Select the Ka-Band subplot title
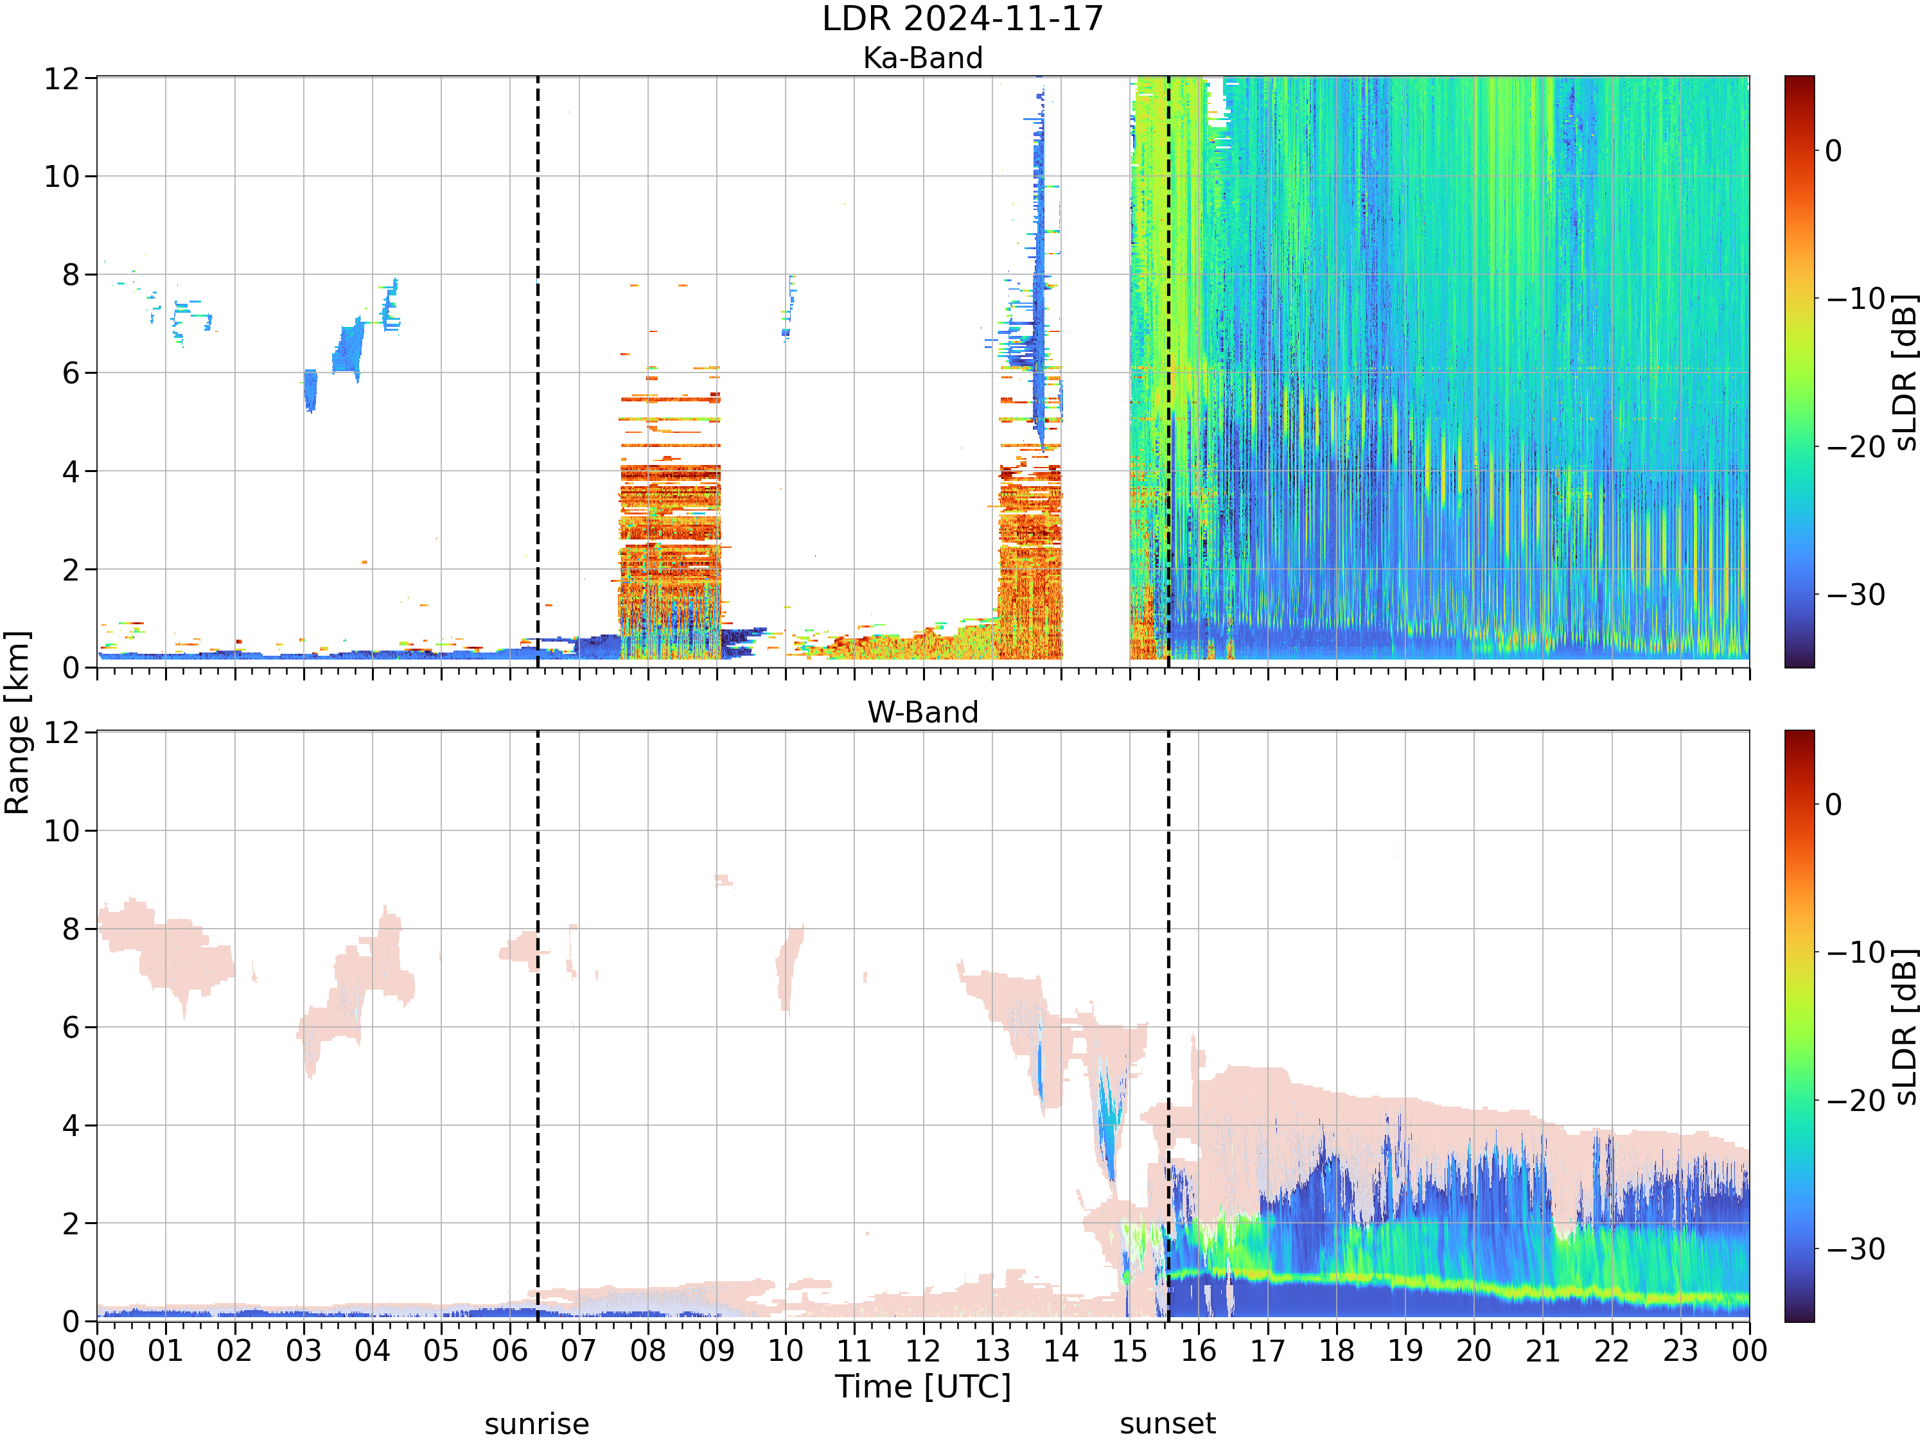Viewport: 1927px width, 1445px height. [x=922, y=58]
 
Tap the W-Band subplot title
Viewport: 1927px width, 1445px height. [x=922, y=712]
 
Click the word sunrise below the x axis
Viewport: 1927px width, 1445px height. [x=536, y=1424]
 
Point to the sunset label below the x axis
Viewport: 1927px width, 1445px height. [x=1167, y=1424]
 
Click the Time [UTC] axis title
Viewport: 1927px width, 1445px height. [x=922, y=1387]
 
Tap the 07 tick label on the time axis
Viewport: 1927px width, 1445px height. [x=579, y=1351]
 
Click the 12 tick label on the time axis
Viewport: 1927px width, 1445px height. [x=922, y=1351]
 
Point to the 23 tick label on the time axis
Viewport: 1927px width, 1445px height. [x=1680, y=1351]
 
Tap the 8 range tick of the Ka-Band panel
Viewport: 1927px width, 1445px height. [x=71, y=276]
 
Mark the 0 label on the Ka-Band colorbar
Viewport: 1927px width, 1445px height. [x=1834, y=151]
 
